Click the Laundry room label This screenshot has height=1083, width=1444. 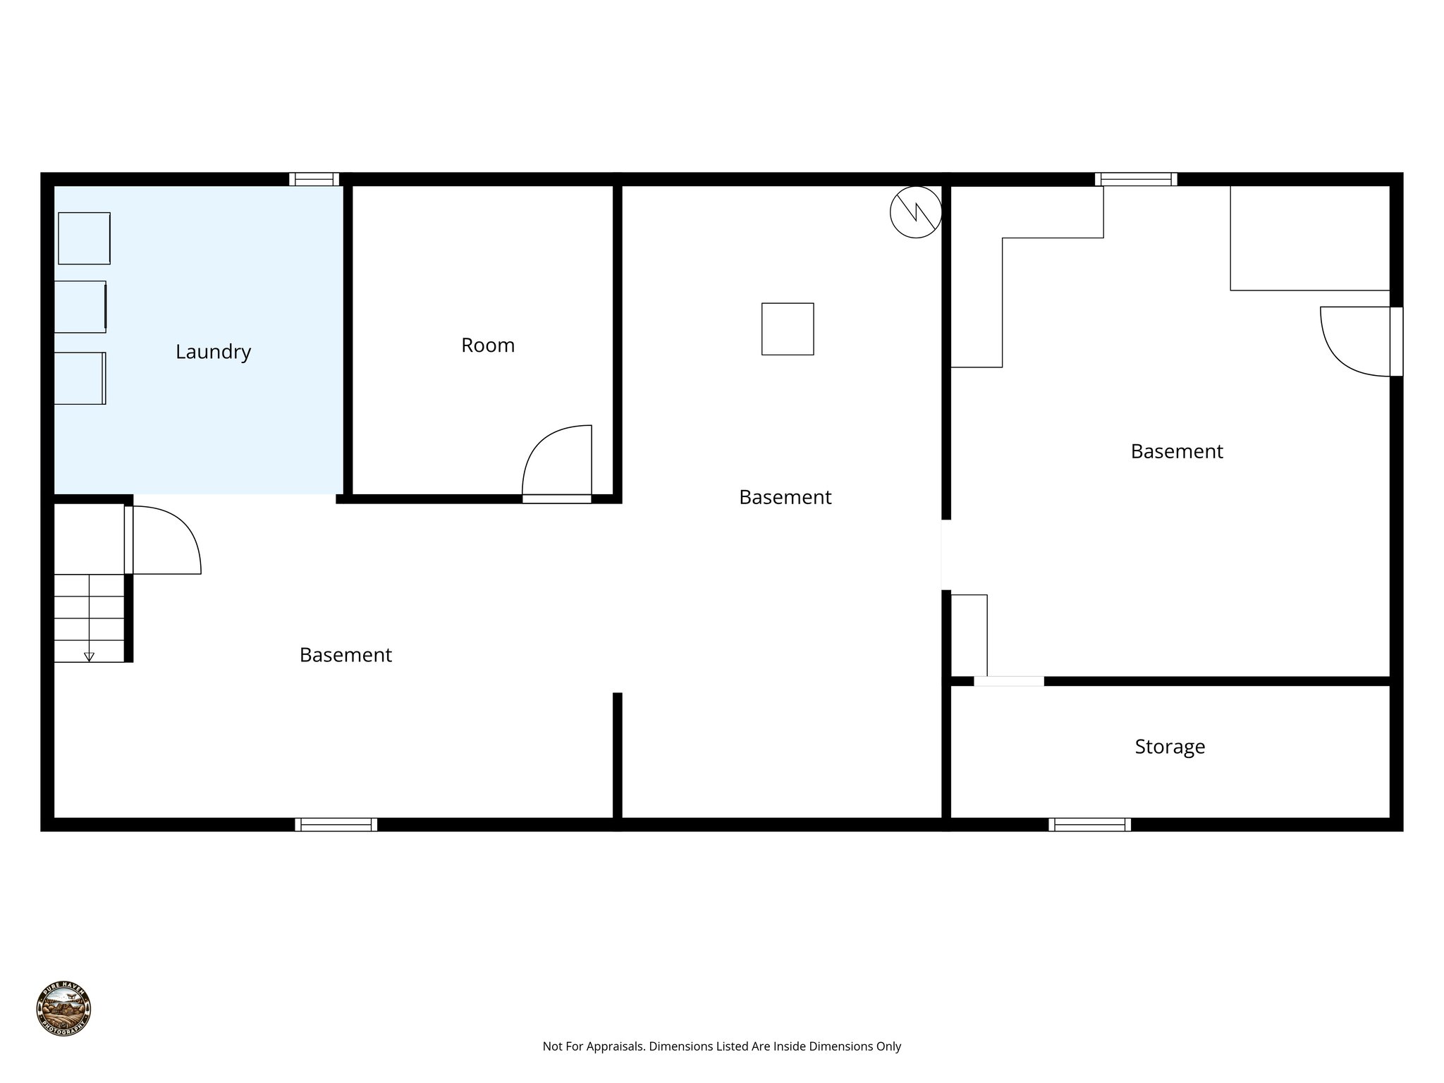(x=213, y=352)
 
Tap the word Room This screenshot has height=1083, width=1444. (x=488, y=345)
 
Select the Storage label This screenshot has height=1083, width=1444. (x=1170, y=747)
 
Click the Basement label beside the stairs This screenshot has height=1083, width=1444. (x=345, y=655)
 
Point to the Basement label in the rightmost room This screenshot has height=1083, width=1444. (x=1177, y=451)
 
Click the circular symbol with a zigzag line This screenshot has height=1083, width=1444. (x=916, y=212)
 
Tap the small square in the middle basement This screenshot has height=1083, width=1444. (x=788, y=329)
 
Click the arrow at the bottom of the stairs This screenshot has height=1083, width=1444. (x=89, y=656)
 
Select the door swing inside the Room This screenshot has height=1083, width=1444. (x=557, y=462)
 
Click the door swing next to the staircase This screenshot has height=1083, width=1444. (x=165, y=539)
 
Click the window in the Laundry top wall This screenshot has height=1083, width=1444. (x=314, y=179)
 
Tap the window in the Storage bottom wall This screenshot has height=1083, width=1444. (x=1089, y=824)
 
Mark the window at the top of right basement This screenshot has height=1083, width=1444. (x=1135, y=179)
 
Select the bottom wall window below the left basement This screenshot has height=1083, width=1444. (x=336, y=824)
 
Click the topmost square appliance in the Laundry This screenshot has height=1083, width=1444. (x=84, y=238)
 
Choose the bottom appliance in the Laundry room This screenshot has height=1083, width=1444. (x=80, y=378)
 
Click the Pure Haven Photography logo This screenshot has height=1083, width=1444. (x=63, y=1008)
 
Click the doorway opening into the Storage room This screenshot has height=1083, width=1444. (x=1008, y=681)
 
